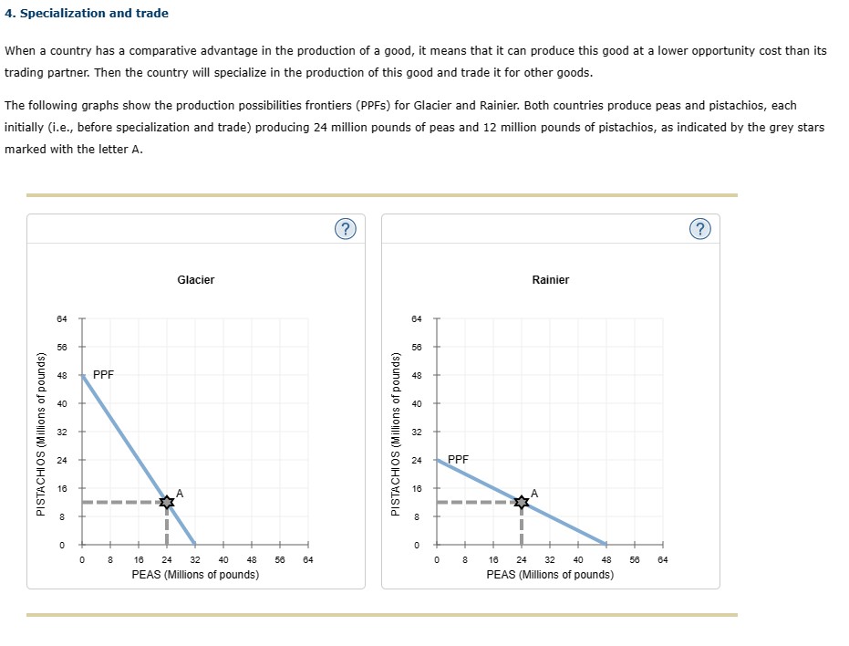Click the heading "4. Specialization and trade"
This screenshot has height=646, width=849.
(87, 13)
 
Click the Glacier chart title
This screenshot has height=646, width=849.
(196, 279)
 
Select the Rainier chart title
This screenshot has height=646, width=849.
(550, 279)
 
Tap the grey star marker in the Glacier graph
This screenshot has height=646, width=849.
(167, 501)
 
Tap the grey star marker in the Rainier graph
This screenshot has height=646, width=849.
(522, 501)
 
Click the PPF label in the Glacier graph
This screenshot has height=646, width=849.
(104, 375)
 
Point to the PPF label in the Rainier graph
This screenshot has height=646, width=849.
(459, 460)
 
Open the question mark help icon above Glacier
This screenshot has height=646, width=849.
(344, 229)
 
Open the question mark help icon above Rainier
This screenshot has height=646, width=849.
(699, 229)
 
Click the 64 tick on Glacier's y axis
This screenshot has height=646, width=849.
(62, 318)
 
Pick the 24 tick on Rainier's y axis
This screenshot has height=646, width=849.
(417, 460)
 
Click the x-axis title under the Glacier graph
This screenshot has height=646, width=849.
(195, 575)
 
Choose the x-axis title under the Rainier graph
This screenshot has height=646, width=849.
(550, 575)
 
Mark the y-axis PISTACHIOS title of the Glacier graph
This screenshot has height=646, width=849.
(41, 432)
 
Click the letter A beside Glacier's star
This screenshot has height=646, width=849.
(180, 493)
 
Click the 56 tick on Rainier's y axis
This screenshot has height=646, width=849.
(417, 347)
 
